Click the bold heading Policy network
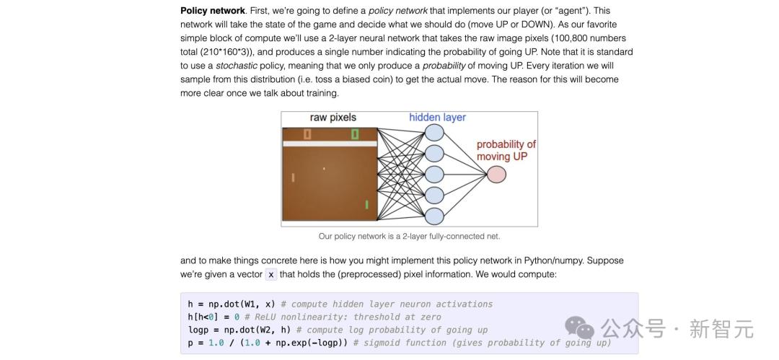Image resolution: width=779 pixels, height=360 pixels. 213,10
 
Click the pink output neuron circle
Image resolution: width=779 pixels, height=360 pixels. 496,175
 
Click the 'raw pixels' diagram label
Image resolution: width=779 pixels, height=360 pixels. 333,118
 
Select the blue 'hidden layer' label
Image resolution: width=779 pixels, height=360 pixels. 437,118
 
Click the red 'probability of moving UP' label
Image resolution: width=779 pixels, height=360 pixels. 506,150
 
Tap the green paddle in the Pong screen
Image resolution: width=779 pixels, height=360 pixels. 366,204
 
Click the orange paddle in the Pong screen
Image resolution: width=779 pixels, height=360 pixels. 293,177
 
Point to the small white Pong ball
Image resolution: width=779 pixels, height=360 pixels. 324,169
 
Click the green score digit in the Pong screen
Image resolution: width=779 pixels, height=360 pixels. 355,133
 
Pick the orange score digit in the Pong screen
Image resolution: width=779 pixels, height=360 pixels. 307,133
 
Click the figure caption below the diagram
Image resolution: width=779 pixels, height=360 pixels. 410,237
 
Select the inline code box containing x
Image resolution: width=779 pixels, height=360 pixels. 270,274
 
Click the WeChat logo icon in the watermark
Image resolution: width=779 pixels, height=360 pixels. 579,328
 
